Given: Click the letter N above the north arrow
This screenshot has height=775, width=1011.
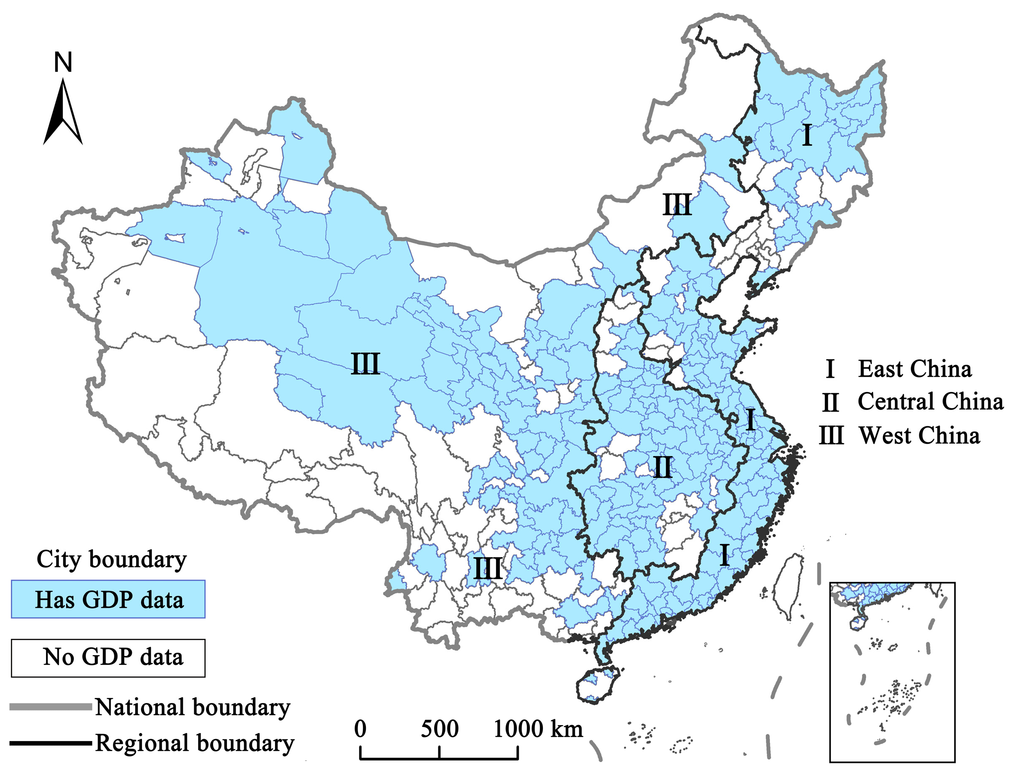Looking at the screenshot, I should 63,62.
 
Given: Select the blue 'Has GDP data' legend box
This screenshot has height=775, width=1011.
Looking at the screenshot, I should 108,599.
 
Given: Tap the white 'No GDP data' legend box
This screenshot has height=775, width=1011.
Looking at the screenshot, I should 108,658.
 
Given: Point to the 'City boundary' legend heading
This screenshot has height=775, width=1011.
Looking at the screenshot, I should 112,559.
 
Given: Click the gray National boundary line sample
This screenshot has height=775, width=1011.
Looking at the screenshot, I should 51,707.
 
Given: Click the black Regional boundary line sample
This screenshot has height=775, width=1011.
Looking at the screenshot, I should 51,743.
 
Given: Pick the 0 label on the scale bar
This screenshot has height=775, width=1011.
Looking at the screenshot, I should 360,729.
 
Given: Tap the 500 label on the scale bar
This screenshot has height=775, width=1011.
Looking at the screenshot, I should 439,729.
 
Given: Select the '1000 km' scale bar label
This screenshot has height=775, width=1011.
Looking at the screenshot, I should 538,729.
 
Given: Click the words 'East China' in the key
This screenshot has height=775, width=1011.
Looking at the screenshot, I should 914,369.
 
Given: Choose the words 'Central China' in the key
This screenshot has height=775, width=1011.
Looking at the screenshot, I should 930,402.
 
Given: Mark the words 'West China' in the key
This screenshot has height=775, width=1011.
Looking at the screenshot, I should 919,435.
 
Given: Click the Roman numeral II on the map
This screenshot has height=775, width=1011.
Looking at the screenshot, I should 663,467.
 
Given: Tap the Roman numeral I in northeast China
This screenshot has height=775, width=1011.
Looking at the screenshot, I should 807,135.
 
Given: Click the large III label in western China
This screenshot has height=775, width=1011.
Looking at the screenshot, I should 365,363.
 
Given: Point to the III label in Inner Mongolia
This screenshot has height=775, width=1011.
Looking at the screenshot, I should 677,205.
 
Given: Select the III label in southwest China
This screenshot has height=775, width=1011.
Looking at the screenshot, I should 488,568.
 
